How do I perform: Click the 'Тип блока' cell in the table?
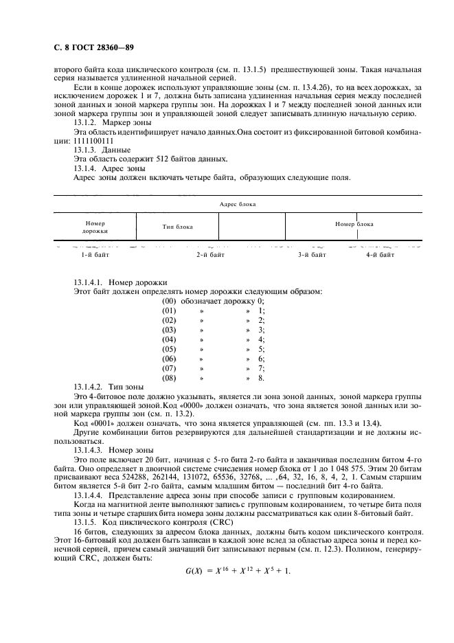[177, 227]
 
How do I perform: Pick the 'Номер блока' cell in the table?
[354, 224]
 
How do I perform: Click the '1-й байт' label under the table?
[95, 255]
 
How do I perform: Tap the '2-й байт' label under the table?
[210, 255]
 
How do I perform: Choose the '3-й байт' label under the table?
[311, 255]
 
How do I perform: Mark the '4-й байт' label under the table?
[380, 255]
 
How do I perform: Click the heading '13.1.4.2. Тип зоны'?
[109, 388]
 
